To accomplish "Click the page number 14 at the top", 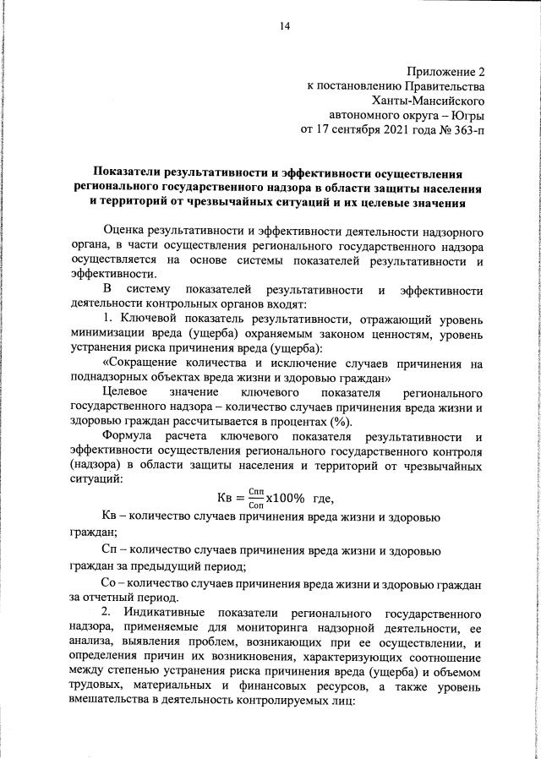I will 285,27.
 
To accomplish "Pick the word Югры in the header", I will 469,116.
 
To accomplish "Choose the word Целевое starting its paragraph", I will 124,394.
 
